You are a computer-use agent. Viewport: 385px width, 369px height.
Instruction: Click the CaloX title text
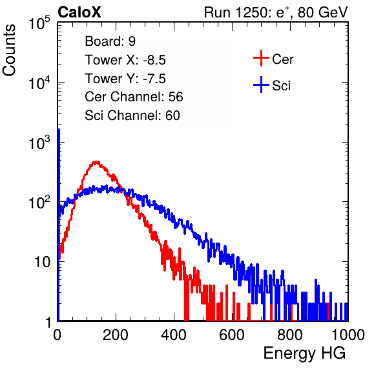click(79, 12)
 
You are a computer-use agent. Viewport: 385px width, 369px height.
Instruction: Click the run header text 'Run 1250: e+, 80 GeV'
click(276, 12)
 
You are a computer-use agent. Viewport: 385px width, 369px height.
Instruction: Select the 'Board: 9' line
click(110, 41)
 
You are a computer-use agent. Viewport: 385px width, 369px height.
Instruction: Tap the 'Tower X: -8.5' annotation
click(125, 60)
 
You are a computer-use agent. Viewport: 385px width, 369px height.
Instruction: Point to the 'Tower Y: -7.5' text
click(125, 79)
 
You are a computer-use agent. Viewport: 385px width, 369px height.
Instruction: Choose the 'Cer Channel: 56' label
click(134, 97)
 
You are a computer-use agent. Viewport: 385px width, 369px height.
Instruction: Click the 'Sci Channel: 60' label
click(132, 115)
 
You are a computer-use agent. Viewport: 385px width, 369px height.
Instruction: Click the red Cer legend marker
click(261, 58)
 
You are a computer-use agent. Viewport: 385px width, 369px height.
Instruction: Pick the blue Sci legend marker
click(261, 85)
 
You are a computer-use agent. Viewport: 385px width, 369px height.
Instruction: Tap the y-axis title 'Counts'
click(9, 50)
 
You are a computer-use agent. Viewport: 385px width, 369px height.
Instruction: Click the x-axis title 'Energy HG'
click(304, 354)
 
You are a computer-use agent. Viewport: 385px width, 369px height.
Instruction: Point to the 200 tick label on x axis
click(116, 335)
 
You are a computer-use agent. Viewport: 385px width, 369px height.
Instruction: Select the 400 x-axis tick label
click(174, 335)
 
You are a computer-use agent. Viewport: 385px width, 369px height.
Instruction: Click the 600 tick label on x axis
click(232, 335)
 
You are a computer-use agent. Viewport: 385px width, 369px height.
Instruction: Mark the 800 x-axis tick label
click(290, 335)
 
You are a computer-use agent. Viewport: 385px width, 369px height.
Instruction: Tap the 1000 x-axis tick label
click(348, 335)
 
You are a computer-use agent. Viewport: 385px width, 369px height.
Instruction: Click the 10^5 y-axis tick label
click(39, 23)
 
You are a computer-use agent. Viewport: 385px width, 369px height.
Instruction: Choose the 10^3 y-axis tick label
click(39, 143)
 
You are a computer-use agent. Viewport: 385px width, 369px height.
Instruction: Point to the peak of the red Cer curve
click(96, 161)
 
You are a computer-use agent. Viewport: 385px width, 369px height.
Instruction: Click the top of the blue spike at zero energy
click(59, 130)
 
